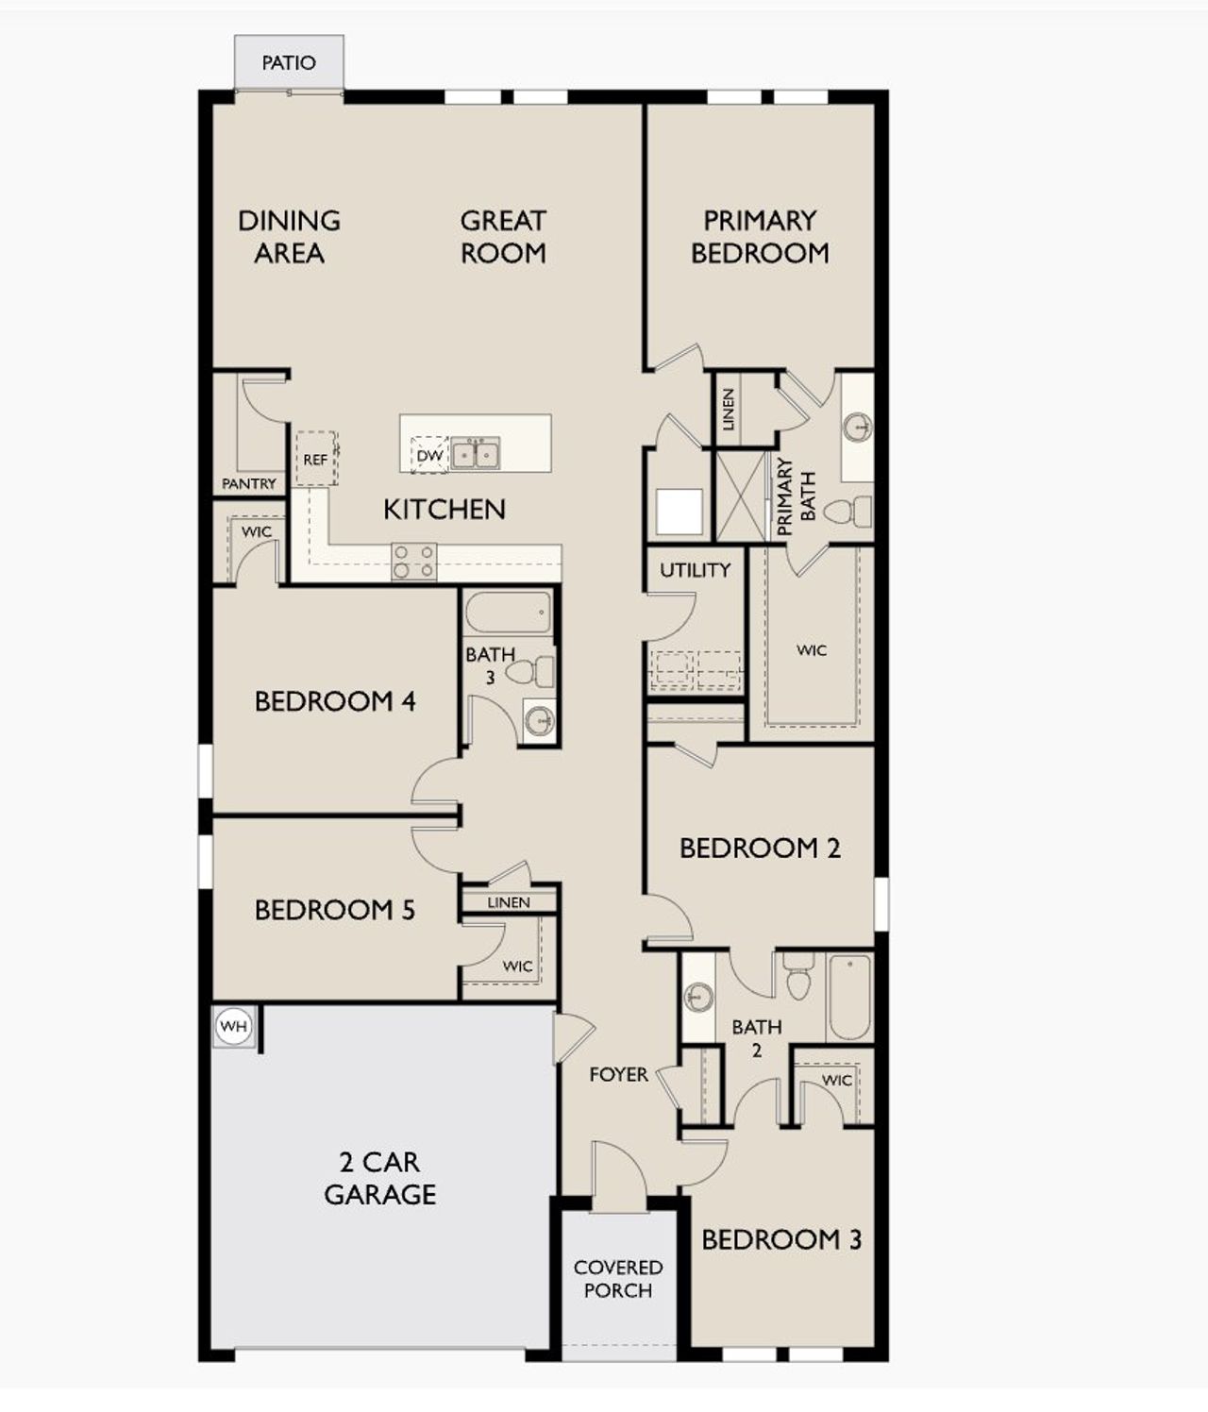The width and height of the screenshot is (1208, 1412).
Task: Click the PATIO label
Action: click(x=289, y=63)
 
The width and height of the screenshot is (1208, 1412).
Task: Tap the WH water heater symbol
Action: click(x=233, y=1026)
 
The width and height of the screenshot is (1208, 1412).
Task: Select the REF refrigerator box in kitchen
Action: click(x=315, y=459)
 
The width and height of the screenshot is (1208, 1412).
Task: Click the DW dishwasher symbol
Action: click(x=428, y=455)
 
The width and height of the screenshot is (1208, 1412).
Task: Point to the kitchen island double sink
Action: click(x=475, y=454)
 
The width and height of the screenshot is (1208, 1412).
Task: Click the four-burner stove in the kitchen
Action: click(x=414, y=562)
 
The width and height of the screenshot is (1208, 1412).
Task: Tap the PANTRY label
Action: click(x=249, y=483)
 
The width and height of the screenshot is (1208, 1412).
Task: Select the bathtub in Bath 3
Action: click(x=508, y=614)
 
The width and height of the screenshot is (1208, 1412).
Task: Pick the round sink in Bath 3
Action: click(x=539, y=721)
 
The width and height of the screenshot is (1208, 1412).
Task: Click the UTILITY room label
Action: click(x=695, y=569)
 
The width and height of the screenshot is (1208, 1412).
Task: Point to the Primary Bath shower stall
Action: click(x=742, y=496)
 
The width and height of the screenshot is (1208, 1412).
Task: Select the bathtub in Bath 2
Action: click(x=849, y=997)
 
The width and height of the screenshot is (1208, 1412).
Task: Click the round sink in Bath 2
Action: click(x=698, y=997)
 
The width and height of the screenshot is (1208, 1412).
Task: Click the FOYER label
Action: click(x=618, y=1074)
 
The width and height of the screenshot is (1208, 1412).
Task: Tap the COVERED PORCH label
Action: click(x=618, y=1279)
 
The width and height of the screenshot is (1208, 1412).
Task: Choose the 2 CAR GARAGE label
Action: click(x=379, y=1178)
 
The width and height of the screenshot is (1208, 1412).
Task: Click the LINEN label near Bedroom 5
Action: click(x=509, y=902)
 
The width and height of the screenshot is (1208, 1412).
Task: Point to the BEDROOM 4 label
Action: click(x=335, y=701)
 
